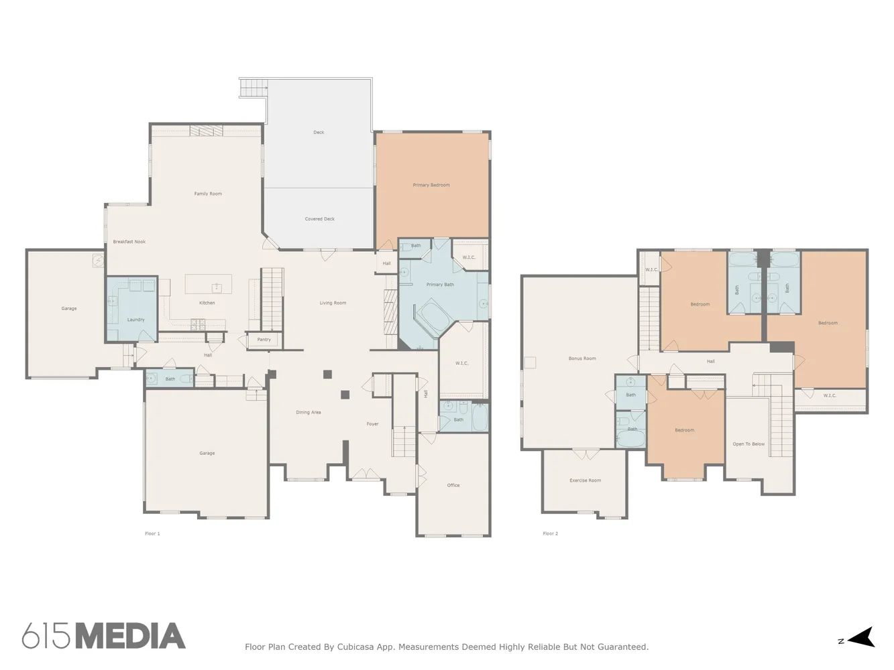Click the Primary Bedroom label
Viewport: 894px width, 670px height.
point(431,185)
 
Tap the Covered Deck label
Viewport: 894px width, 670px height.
point(319,219)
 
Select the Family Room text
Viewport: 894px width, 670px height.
point(208,194)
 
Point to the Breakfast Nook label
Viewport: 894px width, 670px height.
point(129,242)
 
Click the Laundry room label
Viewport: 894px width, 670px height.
point(135,320)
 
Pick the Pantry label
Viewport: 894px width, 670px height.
point(264,340)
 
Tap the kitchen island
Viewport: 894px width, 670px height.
point(209,284)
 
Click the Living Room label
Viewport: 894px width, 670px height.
point(333,303)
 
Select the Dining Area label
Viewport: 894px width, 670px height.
point(308,413)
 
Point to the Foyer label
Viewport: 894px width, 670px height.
point(372,424)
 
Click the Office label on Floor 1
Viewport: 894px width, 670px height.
point(453,485)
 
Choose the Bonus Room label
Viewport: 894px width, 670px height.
point(582,358)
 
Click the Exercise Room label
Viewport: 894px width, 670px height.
point(585,480)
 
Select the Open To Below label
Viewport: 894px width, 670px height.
point(748,444)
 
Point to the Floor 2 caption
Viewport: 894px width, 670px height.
point(550,533)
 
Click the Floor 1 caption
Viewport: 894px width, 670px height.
point(152,533)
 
